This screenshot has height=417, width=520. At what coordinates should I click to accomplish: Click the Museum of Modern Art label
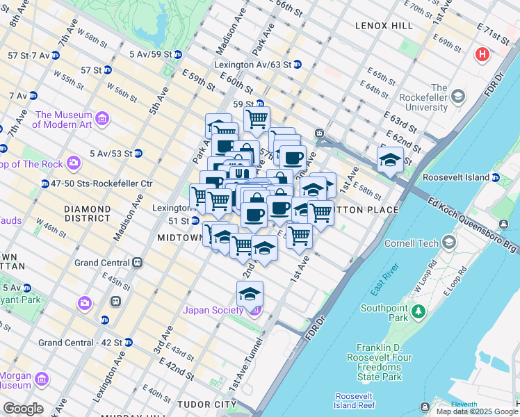pyautogui.click(x=64, y=120)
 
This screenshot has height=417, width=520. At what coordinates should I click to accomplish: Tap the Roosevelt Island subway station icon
pyautogui.click(x=495, y=178)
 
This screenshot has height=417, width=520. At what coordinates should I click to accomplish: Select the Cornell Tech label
pyautogui.click(x=417, y=243)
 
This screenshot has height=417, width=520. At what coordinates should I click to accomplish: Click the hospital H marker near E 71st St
pyautogui.click(x=481, y=54)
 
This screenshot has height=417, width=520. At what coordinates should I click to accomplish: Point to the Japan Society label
pyautogui.click(x=216, y=310)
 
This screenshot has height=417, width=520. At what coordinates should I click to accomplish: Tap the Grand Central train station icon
pyautogui.click(x=138, y=263)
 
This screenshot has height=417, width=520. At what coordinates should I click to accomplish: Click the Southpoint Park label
pyautogui.click(x=388, y=313)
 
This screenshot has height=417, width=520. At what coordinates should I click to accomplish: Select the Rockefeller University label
pyautogui.click(x=439, y=97)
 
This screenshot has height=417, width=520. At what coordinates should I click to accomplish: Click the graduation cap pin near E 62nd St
pyautogui.click(x=390, y=159)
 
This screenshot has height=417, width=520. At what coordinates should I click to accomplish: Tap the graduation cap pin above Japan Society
pyautogui.click(x=250, y=293)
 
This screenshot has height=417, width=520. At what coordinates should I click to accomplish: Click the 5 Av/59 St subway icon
pyautogui.click(x=178, y=54)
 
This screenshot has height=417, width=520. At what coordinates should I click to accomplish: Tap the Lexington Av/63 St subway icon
pyautogui.click(x=297, y=65)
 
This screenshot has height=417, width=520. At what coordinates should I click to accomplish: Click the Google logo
pyautogui.click(x=22, y=409)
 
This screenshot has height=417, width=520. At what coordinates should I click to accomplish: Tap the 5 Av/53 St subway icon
pyautogui.click(x=138, y=153)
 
